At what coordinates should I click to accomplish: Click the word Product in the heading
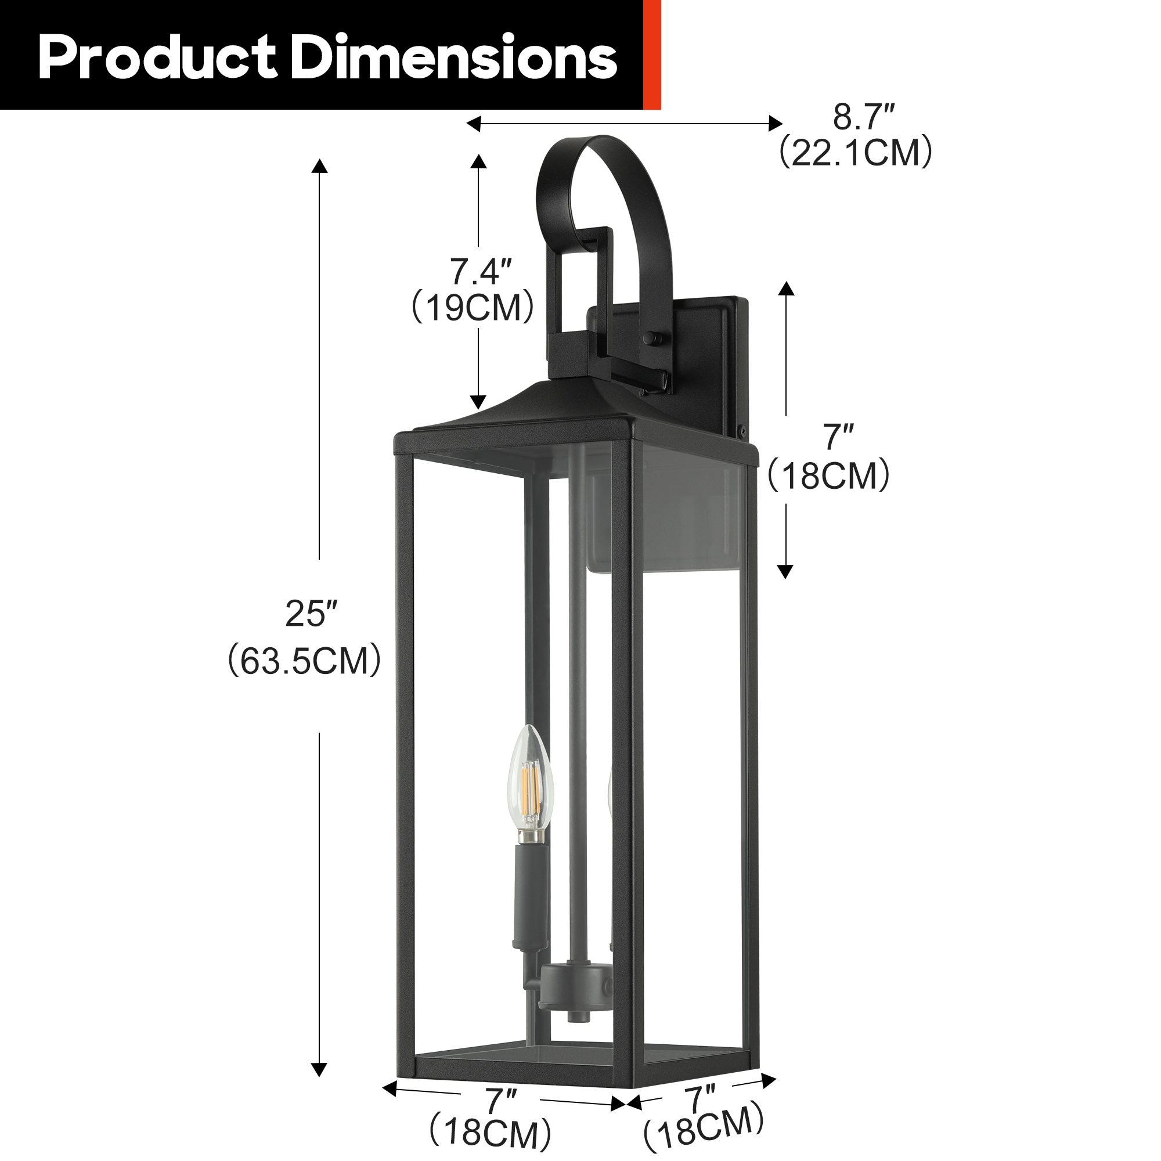[157, 57]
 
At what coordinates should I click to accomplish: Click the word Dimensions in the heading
[456, 57]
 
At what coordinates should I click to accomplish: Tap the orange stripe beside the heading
[651, 54]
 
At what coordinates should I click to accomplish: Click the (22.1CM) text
[856, 153]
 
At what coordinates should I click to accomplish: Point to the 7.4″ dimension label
[481, 272]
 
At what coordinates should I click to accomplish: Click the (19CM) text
[473, 308]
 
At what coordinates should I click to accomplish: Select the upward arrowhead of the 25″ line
[319, 165]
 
